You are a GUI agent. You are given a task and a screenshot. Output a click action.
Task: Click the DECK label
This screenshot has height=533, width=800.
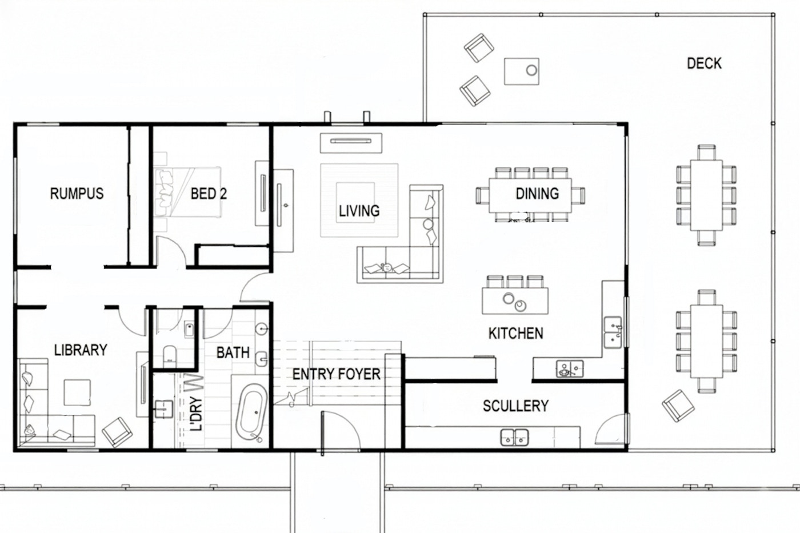(x=703, y=63)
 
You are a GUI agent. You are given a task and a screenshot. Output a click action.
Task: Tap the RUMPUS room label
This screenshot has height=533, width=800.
(x=77, y=194)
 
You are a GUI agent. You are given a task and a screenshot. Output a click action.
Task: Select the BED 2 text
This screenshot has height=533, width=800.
(x=209, y=194)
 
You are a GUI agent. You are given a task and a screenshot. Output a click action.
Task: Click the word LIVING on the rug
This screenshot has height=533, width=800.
(x=359, y=211)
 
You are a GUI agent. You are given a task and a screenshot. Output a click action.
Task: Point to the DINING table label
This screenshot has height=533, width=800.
(x=537, y=194)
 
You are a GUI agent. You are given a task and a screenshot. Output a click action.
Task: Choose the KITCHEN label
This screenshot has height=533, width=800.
(x=515, y=333)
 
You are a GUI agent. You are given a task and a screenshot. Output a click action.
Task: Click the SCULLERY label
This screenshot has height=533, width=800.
(x=515, y=406)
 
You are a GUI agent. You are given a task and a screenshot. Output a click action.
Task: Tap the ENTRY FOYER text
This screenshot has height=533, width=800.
(x=336, y=374)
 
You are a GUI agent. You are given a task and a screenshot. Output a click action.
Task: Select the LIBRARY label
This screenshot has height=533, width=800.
(x=81, y=350)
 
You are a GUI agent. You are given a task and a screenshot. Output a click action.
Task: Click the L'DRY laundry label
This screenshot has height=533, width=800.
(x=196, y=414)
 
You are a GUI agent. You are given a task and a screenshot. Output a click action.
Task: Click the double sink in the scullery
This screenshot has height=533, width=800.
(x=514, y=438)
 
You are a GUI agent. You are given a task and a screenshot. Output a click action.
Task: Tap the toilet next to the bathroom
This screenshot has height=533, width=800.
(x=171, y=355)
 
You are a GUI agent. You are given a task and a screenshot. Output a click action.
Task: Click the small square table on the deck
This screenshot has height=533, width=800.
(x=521, y=71)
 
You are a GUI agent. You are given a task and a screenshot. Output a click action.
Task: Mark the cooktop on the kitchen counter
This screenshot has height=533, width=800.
(x=570, y=369)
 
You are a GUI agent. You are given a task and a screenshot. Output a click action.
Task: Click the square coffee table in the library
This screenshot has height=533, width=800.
(x=77, y=392)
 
